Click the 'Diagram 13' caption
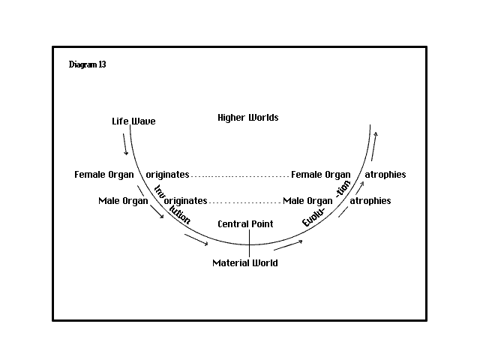87,64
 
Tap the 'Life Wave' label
133,121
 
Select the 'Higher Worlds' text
248,118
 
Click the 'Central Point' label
245,223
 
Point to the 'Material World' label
245,262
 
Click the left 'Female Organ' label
104,175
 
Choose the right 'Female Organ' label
320,175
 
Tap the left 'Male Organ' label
123,201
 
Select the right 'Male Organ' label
307,201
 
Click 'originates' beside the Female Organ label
167,175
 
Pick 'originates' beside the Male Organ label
185,201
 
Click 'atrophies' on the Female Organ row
385,175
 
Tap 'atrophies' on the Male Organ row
370,201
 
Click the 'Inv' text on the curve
160,191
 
